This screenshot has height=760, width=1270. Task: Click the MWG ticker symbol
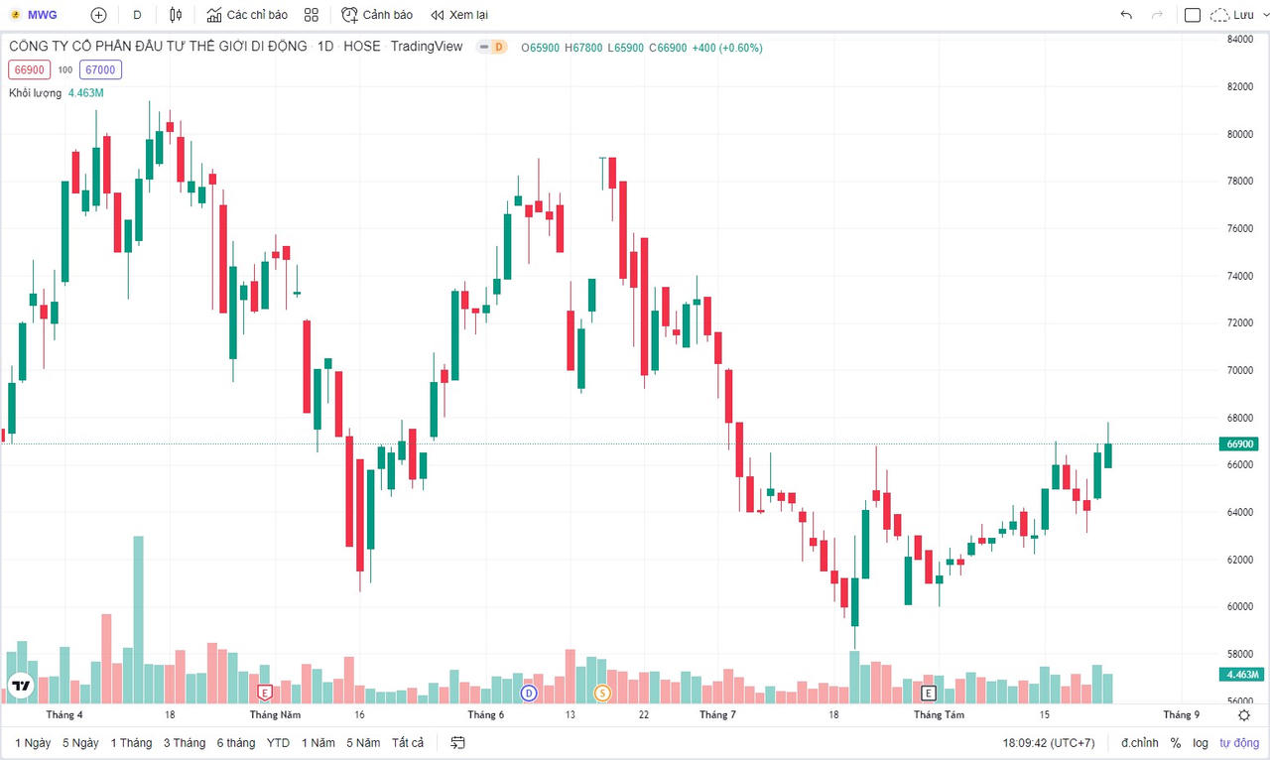click(x=42, y=15)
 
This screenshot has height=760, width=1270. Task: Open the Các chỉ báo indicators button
click(x=247, y=15)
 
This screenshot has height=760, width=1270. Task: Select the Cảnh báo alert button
click(x=377, y=15)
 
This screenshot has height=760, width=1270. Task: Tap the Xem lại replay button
click(x=458, y=15)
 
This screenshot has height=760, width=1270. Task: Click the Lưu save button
click(x=1233, y=15)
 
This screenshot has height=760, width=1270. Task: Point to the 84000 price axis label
click(x=1241, y=40)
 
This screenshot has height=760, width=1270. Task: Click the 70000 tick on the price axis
click(x=1241, y=370)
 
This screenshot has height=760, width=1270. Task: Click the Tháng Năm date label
click(x=276, y=714)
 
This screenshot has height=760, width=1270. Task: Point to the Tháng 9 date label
click(x=1181, y=714)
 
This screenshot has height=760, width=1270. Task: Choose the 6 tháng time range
click(x=236, y=742)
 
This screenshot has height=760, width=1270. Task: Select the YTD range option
click(x=278, y=742)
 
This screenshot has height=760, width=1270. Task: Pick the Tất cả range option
click(x=408, y=742)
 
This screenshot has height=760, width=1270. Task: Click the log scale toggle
click(x=1201, y=742)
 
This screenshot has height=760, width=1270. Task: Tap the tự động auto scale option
click(x=1238, y=742)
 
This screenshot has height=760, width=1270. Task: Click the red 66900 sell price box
click(x=28, y=69)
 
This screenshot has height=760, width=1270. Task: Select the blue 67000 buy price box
click(x=100, y=69)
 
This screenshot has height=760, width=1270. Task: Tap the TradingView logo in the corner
click(x=21, y=685)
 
